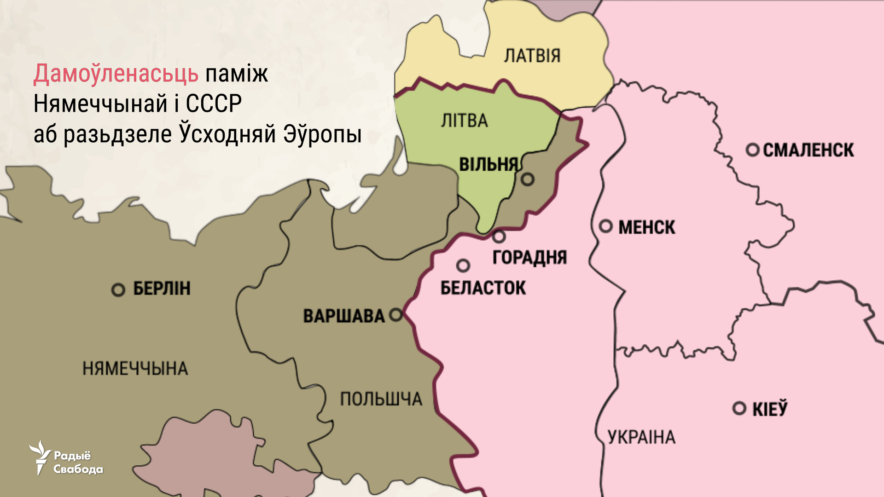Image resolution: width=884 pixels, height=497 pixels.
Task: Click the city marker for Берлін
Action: [118, 290]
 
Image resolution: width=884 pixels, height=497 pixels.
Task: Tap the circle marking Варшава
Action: [396, 315]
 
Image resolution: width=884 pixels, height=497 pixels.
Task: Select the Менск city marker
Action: [606, 226]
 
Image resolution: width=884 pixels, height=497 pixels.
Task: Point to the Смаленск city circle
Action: [753, 150]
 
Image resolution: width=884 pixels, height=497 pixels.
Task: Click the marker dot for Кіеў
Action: [739, 408]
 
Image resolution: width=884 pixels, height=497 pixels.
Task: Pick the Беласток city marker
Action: [463, 266]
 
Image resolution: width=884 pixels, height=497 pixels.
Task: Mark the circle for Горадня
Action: [499, 237]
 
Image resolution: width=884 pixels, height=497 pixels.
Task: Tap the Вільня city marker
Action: [528, 179]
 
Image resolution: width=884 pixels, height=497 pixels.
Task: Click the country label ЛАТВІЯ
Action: [532, 56]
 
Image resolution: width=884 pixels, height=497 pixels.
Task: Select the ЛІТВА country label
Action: [464, 121]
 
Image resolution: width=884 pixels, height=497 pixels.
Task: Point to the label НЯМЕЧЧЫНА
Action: [135, 369]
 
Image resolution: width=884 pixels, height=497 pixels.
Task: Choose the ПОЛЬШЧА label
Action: [381, 399]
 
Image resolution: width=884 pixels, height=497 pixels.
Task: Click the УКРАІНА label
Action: [641, 437]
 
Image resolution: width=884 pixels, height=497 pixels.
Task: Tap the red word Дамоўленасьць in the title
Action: [116, 74]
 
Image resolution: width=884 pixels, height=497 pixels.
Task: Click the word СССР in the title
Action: [214, 104]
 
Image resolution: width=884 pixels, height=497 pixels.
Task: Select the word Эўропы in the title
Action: [322, 135]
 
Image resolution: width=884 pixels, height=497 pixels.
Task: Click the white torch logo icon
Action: [40, 457]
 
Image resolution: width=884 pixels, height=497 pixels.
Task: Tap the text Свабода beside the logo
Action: [78, 469]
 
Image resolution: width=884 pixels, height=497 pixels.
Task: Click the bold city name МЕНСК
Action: [646, 227]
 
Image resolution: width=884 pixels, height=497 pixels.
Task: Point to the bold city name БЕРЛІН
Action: [162, 289]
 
